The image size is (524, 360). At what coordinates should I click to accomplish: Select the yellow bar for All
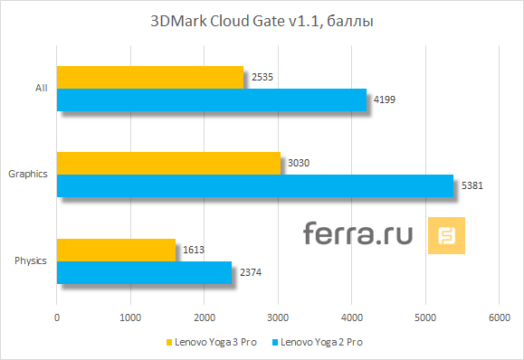(149, 77)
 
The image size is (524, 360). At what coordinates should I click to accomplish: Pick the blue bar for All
(211, 99)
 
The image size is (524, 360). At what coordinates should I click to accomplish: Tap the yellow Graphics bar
(167, 163)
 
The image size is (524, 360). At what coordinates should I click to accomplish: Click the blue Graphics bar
(254, 185)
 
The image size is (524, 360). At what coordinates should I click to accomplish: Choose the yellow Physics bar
(116, 250)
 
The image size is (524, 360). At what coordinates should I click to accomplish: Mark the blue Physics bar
(144, 272)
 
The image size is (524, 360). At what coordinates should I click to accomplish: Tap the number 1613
(193, 250)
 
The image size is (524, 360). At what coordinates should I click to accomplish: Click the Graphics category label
(28, 174)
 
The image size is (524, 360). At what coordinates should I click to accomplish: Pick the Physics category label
(32, 261)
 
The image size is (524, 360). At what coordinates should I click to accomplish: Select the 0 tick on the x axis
(57, 317)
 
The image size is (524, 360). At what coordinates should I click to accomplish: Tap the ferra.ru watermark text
(357, 234)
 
